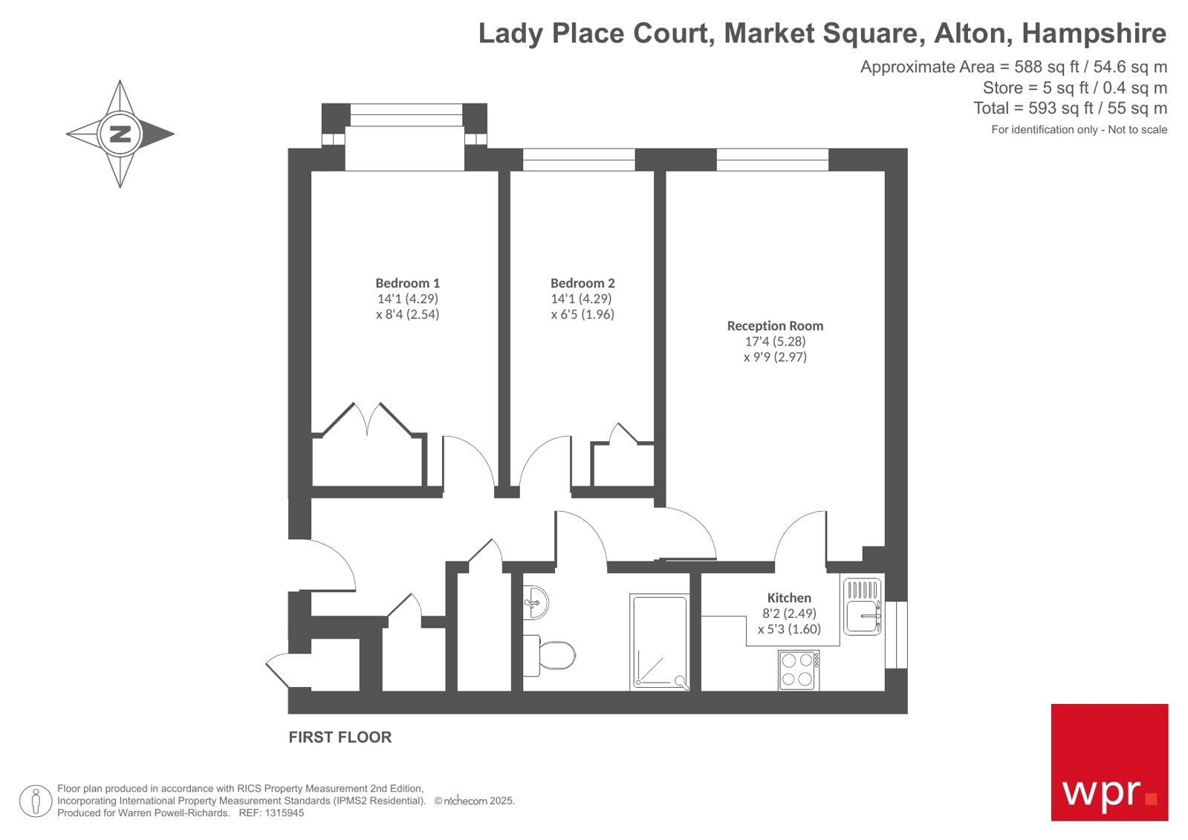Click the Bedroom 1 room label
tap(407, 283)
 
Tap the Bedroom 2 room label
tap(582, 283)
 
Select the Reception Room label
tap(775, 325)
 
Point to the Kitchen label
tap(789, 598)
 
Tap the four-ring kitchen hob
tap(798, 670)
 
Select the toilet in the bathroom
tap(551, 656)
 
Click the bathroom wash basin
tap(535, 602)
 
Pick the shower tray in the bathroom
tap(659, 642)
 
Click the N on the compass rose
tap(120, 134)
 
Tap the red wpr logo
tap(1109, 762)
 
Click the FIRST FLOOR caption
tap(340, 738)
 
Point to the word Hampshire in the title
tap(1094, 33)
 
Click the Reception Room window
tap(772, 160)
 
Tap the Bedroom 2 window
tap(579, 160)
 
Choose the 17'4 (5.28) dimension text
tap(775, 342)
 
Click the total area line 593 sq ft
tap(1070, 108)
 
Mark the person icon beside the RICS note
tap(36, 801)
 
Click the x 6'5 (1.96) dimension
tap(582, 314)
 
